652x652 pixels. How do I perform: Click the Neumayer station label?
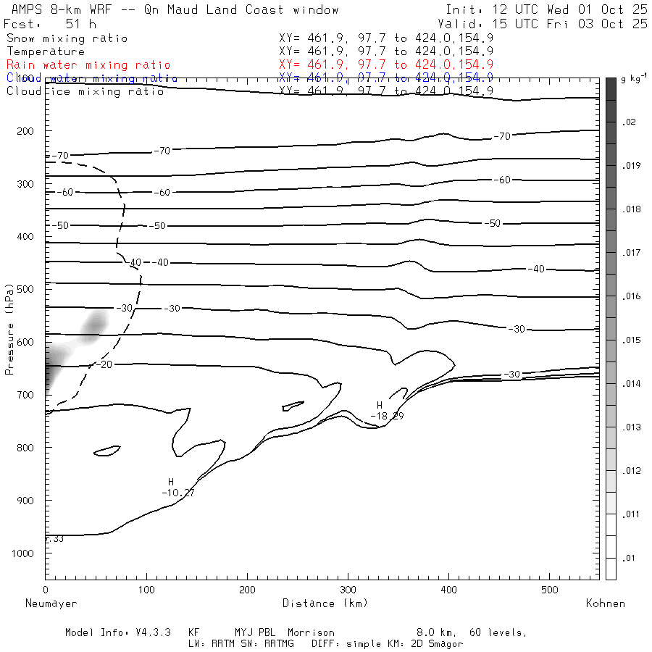coord(51,603)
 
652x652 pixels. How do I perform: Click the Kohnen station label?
coord(605,603)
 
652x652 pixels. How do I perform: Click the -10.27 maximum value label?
coord(178,493)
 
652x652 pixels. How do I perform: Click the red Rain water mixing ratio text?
coord(88,65)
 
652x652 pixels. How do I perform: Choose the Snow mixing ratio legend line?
coord(67,38)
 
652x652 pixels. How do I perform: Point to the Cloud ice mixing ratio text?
coord(85,91)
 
